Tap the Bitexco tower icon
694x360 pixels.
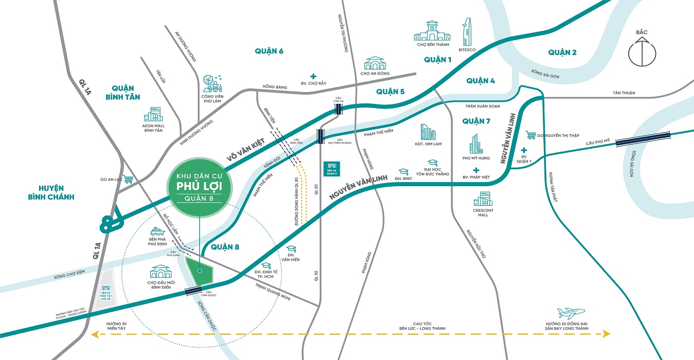pos(467,32)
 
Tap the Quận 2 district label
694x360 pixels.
pos(562,52)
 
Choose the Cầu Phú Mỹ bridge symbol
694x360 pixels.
pos(643,137)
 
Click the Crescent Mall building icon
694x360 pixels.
pos(483,199)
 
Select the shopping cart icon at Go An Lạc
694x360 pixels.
pos(129,179)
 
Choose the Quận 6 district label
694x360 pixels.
pos(269,50)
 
